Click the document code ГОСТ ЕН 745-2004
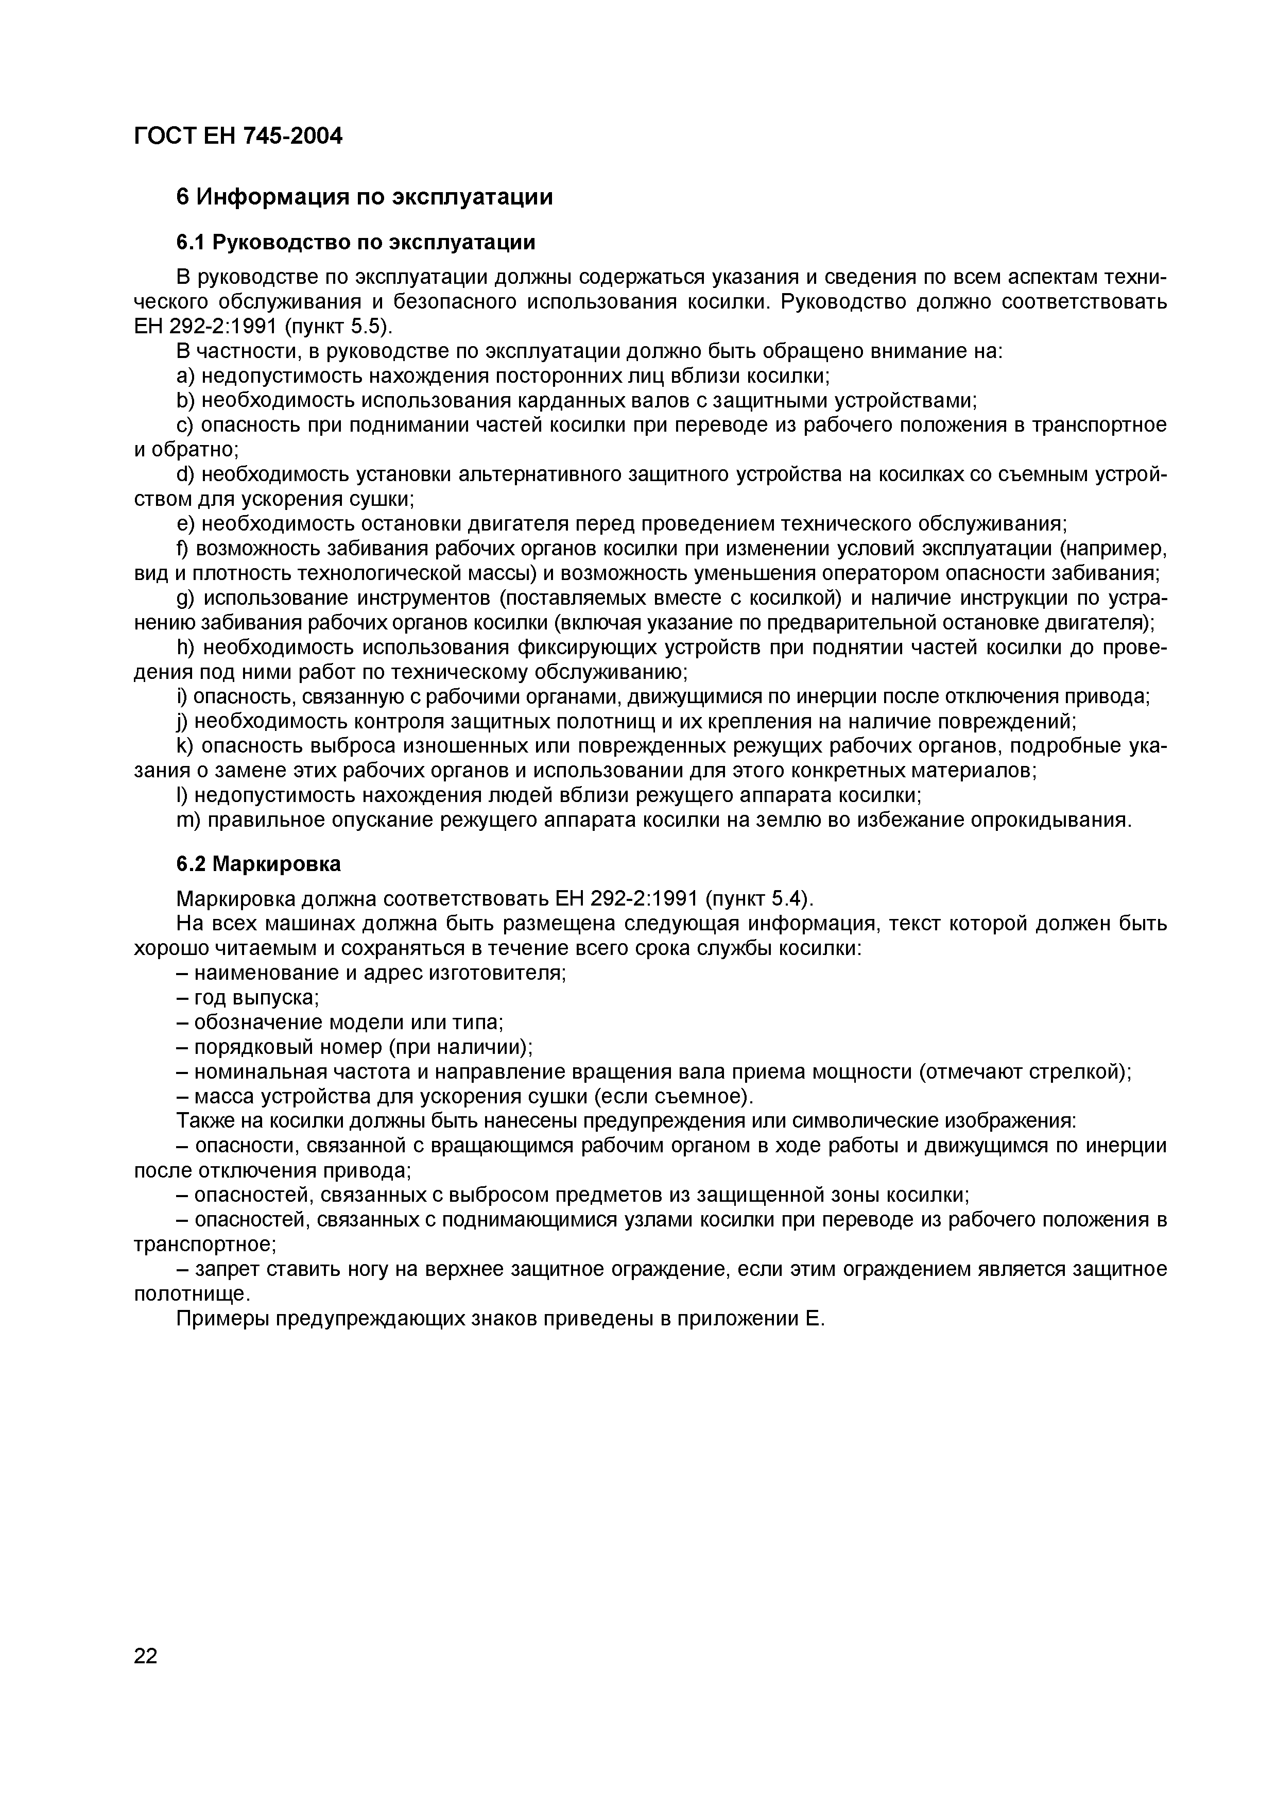(238, 136)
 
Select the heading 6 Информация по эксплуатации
(364, 197)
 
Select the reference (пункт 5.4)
(760, 899)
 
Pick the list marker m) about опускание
(186, 820)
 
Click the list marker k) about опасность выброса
(184, 746)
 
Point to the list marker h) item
(184, 647)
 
